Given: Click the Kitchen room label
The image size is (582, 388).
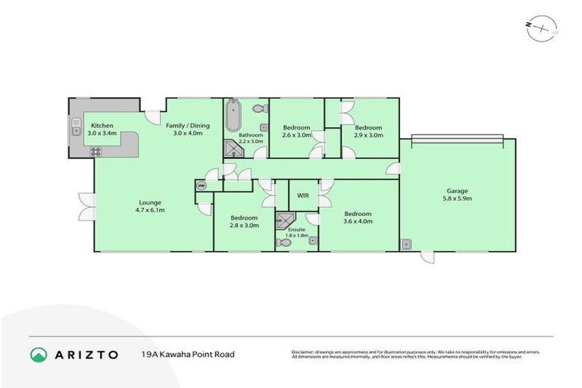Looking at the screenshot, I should point(102,129).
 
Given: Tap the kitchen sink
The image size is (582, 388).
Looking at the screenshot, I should point(77,127).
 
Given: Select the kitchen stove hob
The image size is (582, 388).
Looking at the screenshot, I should point(96,151).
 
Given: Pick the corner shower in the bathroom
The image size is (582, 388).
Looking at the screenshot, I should point(231,150).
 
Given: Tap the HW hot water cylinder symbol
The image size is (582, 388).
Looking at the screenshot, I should point(202,185).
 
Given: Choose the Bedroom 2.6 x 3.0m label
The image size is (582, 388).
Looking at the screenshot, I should point(296,131).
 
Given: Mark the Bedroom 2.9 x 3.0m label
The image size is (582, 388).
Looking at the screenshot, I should point(368,131).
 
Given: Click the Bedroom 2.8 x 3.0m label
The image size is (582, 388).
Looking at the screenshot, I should point(245,221).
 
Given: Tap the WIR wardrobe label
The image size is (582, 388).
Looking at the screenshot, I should point(303,196).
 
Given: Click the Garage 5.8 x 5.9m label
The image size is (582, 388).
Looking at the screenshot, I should point(457,195).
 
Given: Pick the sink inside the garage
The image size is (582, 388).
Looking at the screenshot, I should point(407,244).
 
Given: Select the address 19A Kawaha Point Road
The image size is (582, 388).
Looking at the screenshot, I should point(188,354).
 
